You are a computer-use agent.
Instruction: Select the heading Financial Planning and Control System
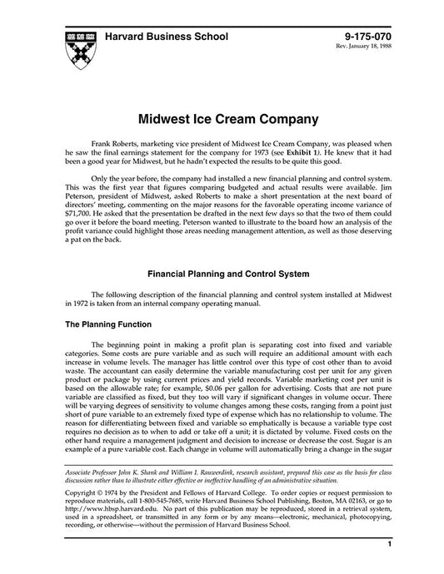(x=222, y=272)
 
